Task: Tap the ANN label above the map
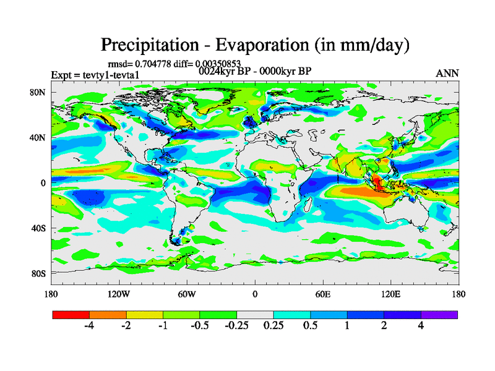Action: [447, 74]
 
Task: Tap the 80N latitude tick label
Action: [39, 93]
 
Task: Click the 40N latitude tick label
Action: [39, 138]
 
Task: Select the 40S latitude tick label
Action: [39, 228]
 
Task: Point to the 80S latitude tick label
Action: [39, 273]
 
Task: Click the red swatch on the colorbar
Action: [71, 315]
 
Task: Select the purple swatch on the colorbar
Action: [439, 315]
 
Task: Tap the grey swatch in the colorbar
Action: [255, 315]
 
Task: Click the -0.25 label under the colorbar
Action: [237, 327]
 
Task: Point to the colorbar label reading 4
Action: [421, 327]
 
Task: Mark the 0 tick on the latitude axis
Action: [43, 183]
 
